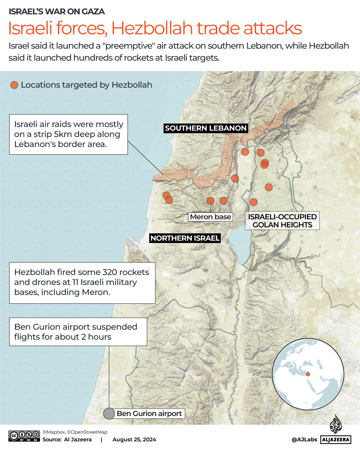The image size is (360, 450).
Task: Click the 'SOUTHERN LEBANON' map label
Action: [x=205, y=128]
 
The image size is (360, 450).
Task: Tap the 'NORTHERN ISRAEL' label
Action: [x=185, y=238]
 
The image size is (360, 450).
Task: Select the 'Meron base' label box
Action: [x=210, y=217]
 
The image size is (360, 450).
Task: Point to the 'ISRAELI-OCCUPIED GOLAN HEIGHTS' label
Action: [x=282, y=221]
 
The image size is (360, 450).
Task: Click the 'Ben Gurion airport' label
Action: [x=149, y=414]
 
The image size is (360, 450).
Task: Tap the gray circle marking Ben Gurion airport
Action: [x=109, y=414]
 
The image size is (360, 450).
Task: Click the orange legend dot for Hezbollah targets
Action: [x=14, y=85]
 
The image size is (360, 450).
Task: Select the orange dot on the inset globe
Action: [x=308, y=374]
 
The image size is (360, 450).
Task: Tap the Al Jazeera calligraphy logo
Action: [x=336, y=424]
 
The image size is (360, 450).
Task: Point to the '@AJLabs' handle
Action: [x=304, y=440]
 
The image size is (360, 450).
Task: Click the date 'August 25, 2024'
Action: [x=134, y=440]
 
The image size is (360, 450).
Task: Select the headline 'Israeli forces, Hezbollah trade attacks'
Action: [x=155, y=28]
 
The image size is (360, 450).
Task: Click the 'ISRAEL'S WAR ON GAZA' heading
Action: [x=57, y=12]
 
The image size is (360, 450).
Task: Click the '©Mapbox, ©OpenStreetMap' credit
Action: [x=75, y=432]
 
